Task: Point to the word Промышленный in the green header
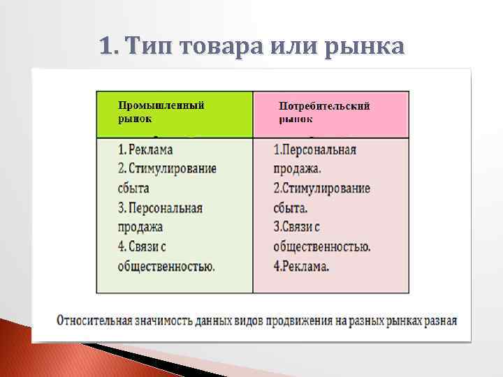[x=161, y=105]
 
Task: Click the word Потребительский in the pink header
[x=324, y=106]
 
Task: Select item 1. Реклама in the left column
[x=145, y=149]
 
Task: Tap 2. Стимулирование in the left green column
[x=167, y=169]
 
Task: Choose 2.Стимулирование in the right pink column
[x=321, y=188]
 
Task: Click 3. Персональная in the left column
[x=160, y=208]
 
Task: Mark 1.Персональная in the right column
[x=314, y=149]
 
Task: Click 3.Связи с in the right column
[x=296, y=227]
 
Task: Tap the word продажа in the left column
[x=140, y=227]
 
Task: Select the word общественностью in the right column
[x=321, y=246]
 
